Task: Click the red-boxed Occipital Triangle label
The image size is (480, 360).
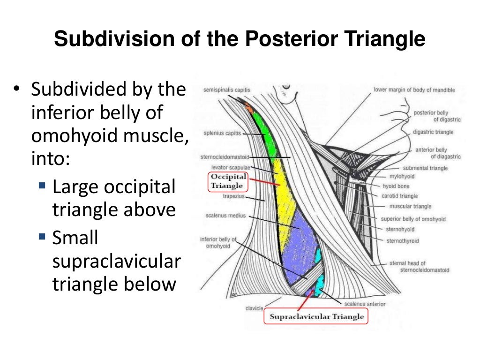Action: click(228, 181)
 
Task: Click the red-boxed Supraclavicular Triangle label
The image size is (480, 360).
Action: click(317, 316)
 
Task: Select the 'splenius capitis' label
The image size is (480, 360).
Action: click(222, 133)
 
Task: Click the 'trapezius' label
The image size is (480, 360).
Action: click(232, 197)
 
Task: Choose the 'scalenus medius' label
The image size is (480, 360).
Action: click(225, 216)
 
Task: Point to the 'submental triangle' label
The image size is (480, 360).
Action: click(425, 168)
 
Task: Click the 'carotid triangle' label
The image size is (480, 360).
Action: click(399, 196)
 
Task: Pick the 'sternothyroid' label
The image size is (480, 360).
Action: click(402, 241)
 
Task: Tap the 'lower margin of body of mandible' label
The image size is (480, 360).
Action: click(414, 90)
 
